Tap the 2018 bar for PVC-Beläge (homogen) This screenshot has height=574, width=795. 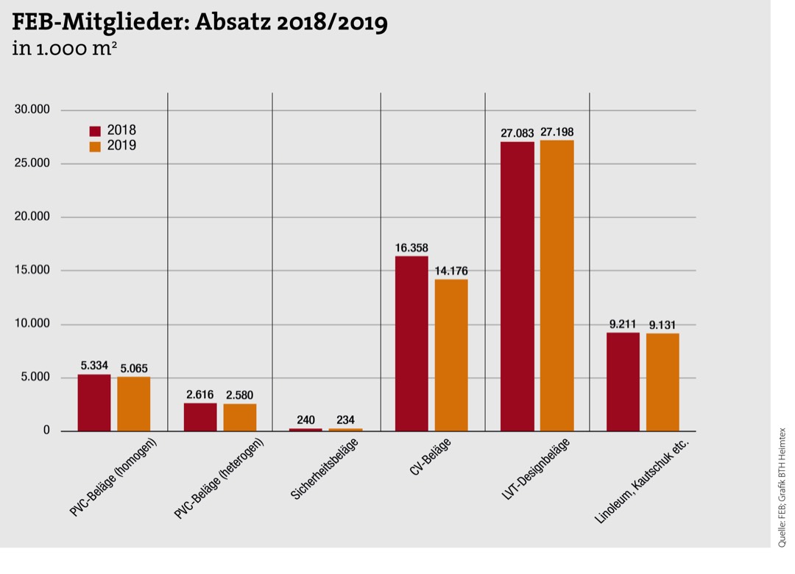(x=94, y=403)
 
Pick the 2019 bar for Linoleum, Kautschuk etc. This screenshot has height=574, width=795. (x=662, y=382)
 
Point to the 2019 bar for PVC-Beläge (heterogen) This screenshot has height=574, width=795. (x=240, y=417)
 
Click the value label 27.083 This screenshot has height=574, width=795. (x=517, y=132)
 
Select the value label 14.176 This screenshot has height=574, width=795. (x=451, y=271)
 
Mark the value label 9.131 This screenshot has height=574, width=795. (x=662, y=325)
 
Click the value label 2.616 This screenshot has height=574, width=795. (x=200, y=394)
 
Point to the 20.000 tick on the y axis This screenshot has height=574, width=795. (x=32, y=217)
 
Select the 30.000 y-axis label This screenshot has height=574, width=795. (x=32, y=110)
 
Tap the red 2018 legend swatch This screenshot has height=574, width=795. (x=95, y=131)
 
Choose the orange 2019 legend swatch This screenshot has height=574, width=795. (x=95, y=146)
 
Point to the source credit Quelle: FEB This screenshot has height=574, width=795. (x=782, y=530)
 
